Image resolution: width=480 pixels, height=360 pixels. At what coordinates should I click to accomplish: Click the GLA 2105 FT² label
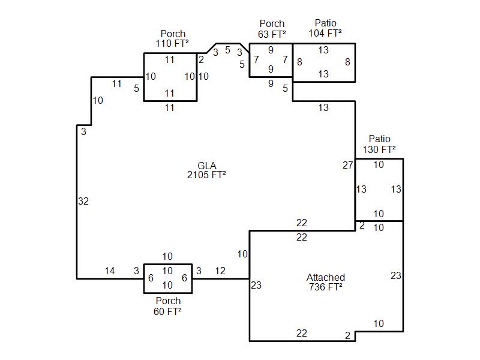click(206, 170)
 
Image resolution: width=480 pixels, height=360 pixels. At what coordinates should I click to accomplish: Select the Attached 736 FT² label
click(326, 282)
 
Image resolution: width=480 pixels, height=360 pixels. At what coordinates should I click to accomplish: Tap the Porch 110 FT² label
click(172, 38)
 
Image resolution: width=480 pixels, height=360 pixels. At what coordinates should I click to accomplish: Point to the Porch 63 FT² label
click(272, 29)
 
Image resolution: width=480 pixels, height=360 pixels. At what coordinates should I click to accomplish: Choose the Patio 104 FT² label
click(325, 28)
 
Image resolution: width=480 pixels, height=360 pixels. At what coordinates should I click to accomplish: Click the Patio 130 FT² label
click(379, 144)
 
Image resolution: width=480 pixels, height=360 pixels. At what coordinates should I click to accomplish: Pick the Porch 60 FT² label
click(168, 306)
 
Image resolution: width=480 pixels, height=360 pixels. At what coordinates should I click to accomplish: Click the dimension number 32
click(83, 201)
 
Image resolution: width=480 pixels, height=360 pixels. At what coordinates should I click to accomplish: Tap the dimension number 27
click(348, 166)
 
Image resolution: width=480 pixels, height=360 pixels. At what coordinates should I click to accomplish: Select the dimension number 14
click(110, 271)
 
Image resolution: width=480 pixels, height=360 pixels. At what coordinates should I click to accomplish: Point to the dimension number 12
click(220, 271)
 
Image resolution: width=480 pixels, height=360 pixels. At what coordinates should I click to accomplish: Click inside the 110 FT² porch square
click(170, 77)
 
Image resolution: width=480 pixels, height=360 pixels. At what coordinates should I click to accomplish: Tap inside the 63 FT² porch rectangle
click(271, 59)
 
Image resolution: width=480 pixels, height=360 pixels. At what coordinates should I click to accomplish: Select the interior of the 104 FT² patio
click(324, 62)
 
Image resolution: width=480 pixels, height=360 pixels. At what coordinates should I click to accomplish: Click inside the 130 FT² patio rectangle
click(379, 190)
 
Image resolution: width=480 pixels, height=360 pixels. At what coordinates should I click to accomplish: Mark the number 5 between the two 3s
click(227, 50)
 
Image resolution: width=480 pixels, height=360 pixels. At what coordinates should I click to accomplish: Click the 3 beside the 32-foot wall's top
click(83, 131)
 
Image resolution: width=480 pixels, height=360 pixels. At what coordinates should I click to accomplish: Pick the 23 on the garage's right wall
click(396, 275)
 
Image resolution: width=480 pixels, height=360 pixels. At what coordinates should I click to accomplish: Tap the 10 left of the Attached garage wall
click(242, 254)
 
